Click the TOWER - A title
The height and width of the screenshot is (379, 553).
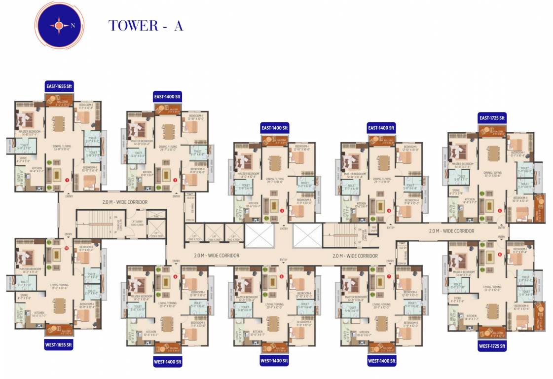(146, 26)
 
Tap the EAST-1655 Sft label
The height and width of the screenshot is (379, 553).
(59, 86)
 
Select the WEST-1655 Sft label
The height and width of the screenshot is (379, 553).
(59, 344)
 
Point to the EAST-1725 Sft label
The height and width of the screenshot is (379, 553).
(492, 117)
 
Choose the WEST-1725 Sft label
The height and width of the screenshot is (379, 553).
(492, 346)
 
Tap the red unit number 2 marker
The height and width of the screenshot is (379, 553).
(175, 180)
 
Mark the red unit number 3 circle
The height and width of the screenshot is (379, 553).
(282, 211)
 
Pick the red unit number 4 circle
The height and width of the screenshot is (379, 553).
(389, 211)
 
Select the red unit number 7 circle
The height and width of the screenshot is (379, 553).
(389, 276)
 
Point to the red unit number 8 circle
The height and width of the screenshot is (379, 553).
(282, 276)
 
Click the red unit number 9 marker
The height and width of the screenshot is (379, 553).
(175, 276)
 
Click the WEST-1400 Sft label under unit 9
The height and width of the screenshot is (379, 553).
(168, 362)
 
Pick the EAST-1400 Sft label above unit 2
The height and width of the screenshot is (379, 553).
(168, 96)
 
